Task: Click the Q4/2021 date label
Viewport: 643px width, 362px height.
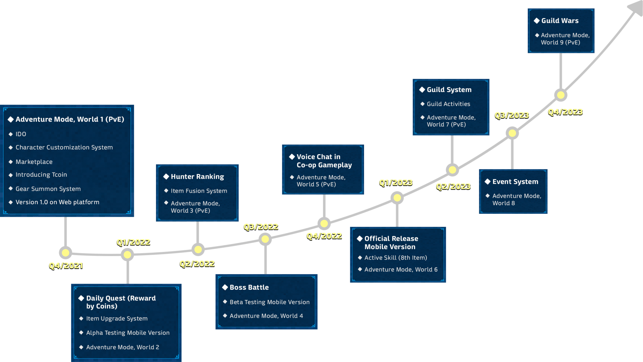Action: [66, 265]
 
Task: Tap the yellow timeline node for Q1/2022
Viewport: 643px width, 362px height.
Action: [127, 255]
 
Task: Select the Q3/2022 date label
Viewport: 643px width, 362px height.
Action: [261, 227]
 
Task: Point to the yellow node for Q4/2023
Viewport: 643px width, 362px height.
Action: [561, 95]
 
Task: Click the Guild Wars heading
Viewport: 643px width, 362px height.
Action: [560, 21]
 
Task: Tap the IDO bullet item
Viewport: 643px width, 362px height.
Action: [21, 134]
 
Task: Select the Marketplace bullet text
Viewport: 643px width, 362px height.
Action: [34, 162]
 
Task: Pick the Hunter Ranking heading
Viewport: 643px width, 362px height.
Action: [197, 177]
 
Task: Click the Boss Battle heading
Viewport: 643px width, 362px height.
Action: [249, 287]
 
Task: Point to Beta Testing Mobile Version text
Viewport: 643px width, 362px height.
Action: [269, 302]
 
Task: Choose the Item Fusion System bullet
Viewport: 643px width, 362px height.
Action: [199, 191]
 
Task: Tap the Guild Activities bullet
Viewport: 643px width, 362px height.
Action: [448, 104]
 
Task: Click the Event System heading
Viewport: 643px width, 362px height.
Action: [515, 182]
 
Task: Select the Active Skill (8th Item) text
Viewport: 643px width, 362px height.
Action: [396, 258]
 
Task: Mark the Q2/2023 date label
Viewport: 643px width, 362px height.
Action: [453, 186]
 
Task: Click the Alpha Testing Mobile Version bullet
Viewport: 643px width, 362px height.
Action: [128, 333]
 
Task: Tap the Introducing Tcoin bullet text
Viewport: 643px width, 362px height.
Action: [41, 175]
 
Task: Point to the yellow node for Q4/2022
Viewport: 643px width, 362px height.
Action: [324, 224]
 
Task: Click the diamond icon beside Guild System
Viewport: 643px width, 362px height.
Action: [422, 89]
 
